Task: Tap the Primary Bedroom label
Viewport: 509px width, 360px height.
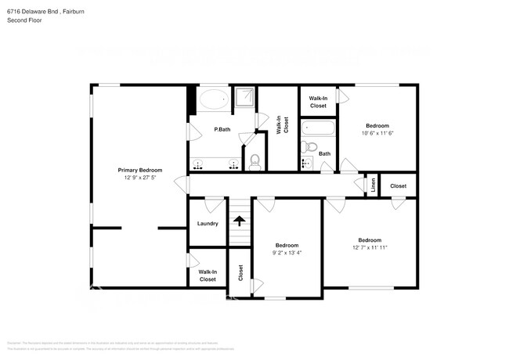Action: pyautogui.click(x=139, y=170)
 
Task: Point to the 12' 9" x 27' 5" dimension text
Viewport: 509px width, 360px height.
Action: pyautogui.click(x=139, y=178)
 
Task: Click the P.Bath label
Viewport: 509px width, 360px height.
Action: pyautogui.click(x=222, y=129)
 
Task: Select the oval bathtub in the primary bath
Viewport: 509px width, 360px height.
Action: pyautogui.click(x=213, y=99)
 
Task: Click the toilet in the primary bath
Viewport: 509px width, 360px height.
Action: pyautogui.click(x=254, y=162)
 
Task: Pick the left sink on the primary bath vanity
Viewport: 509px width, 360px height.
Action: pyautogui.click(x=199, y=164)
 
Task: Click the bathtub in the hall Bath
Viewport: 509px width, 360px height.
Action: pyautogui.click(x=317, y=127)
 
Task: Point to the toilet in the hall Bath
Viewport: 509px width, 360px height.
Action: pyautogui.click(x=310, y=146)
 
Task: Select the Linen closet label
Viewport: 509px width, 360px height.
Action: pyautogui.click(x=374, y=185)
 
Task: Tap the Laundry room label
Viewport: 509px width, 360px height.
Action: pyautogui.click(x=208, y=224)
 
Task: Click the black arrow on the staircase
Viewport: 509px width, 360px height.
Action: pyautogui.click(x=239, y=222)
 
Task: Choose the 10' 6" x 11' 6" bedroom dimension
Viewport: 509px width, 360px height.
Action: pyautogui.click(x=377, y=133)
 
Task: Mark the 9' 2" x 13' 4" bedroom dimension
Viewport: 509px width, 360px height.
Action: pyautogui.click(x=287, y=253)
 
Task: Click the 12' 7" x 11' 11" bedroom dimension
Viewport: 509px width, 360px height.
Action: pyautogui.click(x=370, y=247)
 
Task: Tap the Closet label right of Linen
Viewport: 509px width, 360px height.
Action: pyautogui.click(x=398, y=185)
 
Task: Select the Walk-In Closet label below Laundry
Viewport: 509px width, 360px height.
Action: pyautogui.click(x=208, y=275)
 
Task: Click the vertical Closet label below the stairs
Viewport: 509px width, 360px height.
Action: pyautogui.click(x=240, y=272)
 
